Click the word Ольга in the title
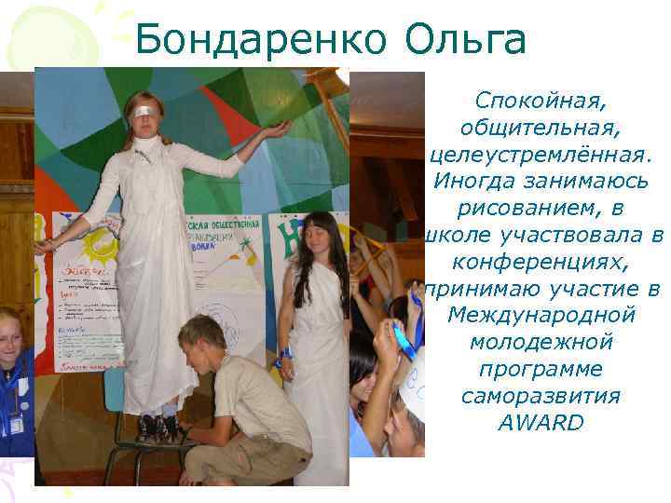[466, 40]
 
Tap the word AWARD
[541, 423]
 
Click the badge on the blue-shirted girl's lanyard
[15, 426]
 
